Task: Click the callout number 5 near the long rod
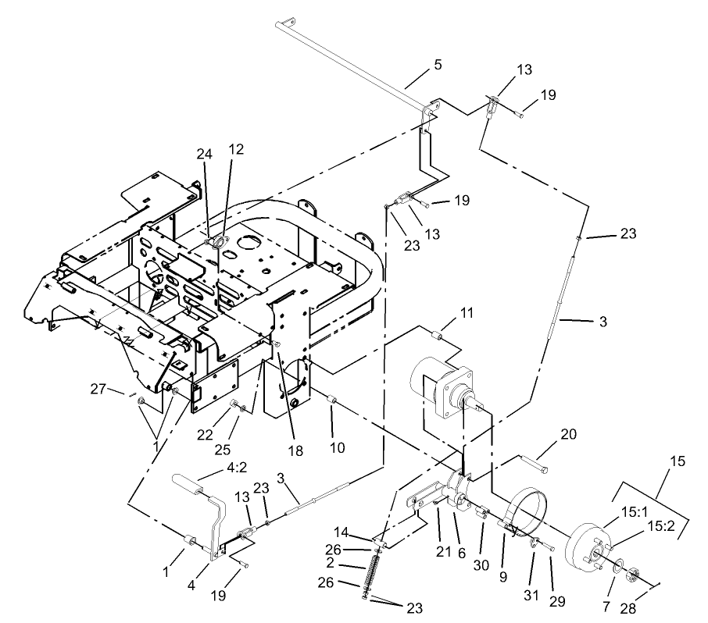[x=438, y=66]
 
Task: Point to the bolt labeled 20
[x=532, y=466]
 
